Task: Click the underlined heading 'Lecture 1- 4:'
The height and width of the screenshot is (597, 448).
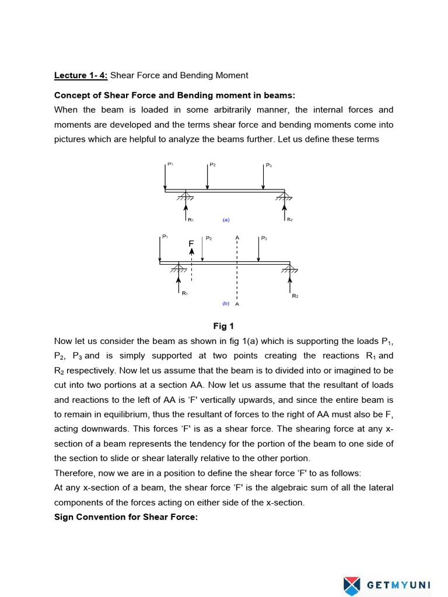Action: tap(81, 75)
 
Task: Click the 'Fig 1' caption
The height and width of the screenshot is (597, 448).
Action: tap(223, 326)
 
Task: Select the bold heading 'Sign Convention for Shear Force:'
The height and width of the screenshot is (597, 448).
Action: tap(126, 517)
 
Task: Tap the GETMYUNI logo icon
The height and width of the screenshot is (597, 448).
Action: tap(352, 584)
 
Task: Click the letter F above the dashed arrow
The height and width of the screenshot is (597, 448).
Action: tap(191, 243)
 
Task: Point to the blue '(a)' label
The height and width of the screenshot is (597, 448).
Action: tap(226, 220)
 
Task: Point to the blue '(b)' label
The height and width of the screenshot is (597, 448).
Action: tap(226, 304)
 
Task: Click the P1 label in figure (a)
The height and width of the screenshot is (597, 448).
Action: tap(170, 164)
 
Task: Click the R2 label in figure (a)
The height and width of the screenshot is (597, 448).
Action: tap(290, 220)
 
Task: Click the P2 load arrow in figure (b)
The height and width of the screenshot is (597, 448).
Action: tap(202, 250)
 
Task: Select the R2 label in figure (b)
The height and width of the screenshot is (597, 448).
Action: tap(295, 296)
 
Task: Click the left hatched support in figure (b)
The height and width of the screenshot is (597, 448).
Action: tap(178, 269)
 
